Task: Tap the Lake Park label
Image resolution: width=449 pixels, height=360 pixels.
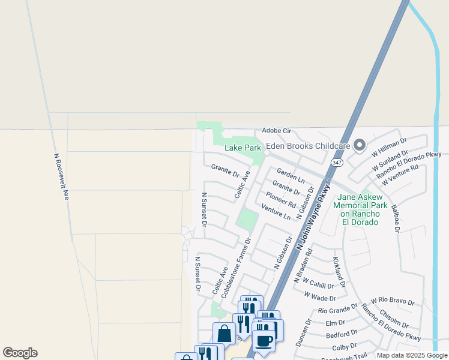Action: pos(243,148)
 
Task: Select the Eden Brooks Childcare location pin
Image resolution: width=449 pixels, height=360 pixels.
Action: pos(360,145)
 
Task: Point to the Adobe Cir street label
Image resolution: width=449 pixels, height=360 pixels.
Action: pos(276,131)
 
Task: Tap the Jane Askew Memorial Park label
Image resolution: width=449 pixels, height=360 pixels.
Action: pos(360,209)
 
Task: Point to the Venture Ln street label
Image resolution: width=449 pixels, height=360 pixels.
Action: pos(276,212)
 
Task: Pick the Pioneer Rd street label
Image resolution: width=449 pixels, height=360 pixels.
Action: pos(281,199)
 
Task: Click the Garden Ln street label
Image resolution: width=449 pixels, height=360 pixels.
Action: pos(291,176)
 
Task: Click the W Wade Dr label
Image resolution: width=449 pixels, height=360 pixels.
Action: pos(319,296)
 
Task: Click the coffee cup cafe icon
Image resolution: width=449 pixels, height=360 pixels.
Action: pos(262,340)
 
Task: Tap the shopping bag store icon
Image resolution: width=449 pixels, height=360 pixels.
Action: pos(224,333)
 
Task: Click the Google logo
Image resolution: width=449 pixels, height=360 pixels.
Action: pos(20,353)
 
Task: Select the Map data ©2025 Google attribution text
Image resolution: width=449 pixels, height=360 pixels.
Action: pos(412,355)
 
